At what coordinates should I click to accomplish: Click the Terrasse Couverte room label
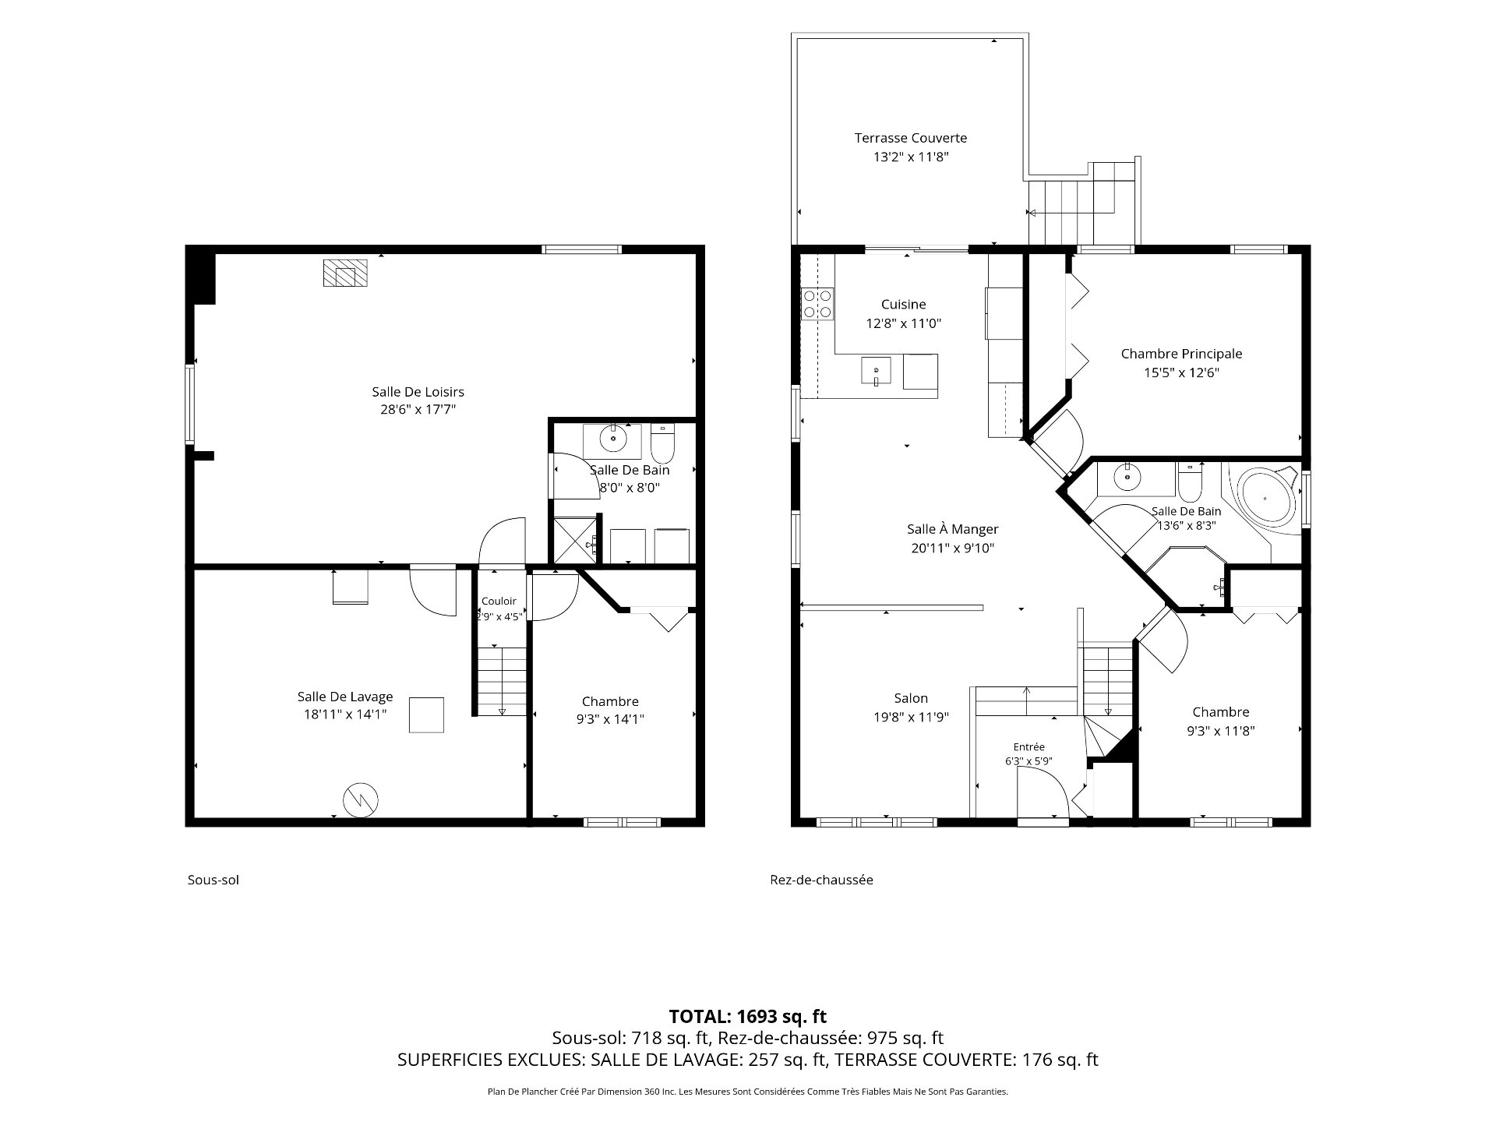[x=910, y=138]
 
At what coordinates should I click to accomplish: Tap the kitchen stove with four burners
[x=817, y=304]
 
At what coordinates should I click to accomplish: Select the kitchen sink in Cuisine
[x=876, y=371]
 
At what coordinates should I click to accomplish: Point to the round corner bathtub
[x=1266, y=496]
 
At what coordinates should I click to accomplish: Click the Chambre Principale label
[x=1181, y=354]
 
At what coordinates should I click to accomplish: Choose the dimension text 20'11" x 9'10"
[x=953, y=548]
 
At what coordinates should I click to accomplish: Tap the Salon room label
[x=911, y=698]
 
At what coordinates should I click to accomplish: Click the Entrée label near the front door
[x=1028, y=746]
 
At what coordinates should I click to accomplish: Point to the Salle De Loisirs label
[x=418, y=391]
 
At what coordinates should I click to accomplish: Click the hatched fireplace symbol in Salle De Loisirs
[x=345, y=273]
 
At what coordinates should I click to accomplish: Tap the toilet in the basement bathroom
[x=662, y=443]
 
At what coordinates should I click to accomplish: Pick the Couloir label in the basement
[x=499, y=601]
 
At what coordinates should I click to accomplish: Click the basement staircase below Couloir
[x=502, y=681]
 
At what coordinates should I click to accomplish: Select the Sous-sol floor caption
[x=213, y=880]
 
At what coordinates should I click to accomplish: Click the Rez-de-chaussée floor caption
[x=821, y=880]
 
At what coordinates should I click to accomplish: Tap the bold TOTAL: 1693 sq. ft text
[x=748, y=1016]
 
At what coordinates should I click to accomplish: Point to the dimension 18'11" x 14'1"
[x=345, y=714]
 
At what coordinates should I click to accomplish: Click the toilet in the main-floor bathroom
[x=1189, y=482]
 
